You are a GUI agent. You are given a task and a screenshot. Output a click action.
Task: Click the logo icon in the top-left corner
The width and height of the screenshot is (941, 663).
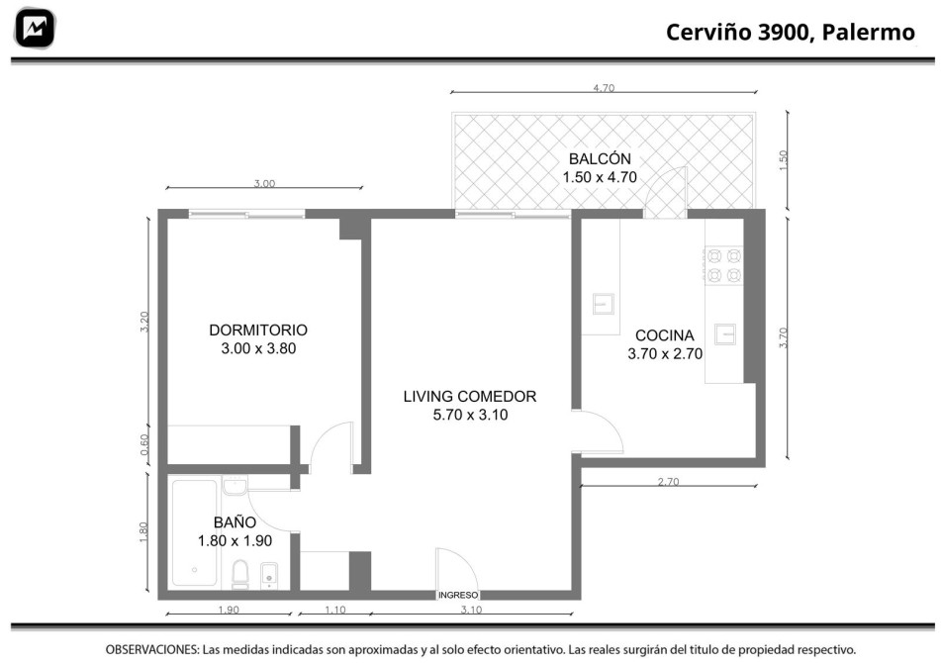(36, 28)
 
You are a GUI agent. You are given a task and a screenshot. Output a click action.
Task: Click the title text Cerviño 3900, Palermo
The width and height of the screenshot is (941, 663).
(791, 32)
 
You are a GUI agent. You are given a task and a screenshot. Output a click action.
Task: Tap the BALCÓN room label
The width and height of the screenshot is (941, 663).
(600, 159)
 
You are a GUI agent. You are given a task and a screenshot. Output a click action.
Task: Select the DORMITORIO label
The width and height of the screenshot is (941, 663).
(258, 330)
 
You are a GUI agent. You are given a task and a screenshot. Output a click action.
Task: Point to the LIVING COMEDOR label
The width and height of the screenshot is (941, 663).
(470, 396)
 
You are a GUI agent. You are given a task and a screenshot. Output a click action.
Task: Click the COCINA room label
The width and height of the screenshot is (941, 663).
(664, 335)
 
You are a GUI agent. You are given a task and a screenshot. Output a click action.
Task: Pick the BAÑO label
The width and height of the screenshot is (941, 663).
(235, 522)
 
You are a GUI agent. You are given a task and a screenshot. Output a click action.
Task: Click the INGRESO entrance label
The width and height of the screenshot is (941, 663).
(458, 595)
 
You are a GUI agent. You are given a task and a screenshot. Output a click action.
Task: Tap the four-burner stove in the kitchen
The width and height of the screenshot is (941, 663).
(723, 265)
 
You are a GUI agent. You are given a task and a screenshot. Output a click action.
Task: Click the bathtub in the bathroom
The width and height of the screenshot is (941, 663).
(195, 532)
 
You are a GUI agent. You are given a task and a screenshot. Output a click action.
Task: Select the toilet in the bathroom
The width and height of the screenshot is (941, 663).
(240, 574)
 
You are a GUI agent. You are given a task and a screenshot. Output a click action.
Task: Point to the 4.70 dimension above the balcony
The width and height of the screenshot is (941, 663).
(604, 88)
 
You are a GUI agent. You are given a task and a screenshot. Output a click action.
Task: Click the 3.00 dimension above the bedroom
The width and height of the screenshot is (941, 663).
(264, 184)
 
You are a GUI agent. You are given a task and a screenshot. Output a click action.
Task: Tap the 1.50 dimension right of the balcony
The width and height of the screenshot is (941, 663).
(783, 160)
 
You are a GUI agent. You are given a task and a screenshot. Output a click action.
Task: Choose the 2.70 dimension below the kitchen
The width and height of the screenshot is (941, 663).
(668, 481)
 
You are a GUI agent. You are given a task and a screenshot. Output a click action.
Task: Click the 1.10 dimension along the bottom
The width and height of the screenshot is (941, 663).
(334, 610)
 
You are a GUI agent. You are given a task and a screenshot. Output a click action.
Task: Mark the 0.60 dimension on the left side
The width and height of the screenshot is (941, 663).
(144, 444)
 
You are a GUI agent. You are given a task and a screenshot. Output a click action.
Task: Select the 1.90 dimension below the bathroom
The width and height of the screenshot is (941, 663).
(228, 610)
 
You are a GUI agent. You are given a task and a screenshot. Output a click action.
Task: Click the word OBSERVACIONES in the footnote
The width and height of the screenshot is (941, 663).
(151, 649)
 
